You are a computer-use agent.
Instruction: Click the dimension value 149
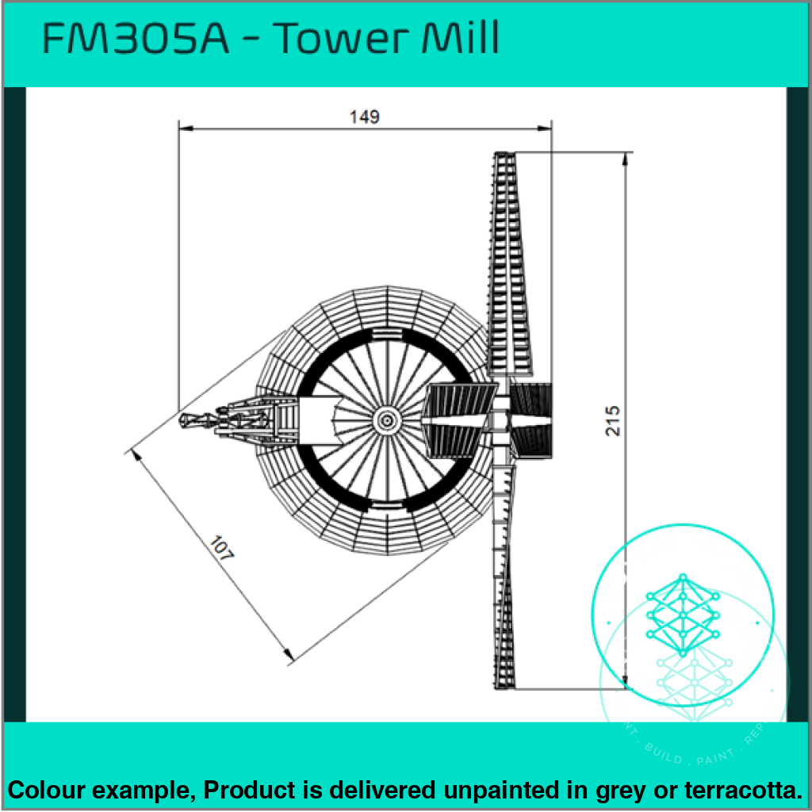coord(365,117)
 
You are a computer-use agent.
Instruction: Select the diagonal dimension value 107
coord(223,550)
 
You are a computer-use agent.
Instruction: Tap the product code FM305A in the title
coord(135,39)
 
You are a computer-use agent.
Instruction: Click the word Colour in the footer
coord(47,790)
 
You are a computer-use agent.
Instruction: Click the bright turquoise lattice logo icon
coord(682,607)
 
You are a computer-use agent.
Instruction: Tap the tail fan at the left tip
coord(190,419)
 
